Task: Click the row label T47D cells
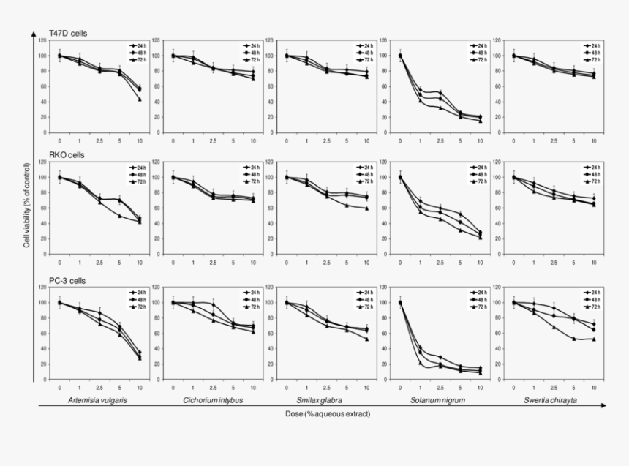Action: point(68,33)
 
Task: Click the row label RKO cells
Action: point(67,155)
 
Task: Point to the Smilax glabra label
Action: point(325,401)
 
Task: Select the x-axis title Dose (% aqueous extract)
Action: point(328,415)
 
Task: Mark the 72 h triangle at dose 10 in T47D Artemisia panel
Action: point(139,99)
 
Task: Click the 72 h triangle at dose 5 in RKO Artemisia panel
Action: point(119,216)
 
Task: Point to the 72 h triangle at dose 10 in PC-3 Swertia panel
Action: point(593,339)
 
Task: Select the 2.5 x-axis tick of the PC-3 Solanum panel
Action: point(440,387)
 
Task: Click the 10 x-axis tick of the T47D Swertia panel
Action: point(593,140)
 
